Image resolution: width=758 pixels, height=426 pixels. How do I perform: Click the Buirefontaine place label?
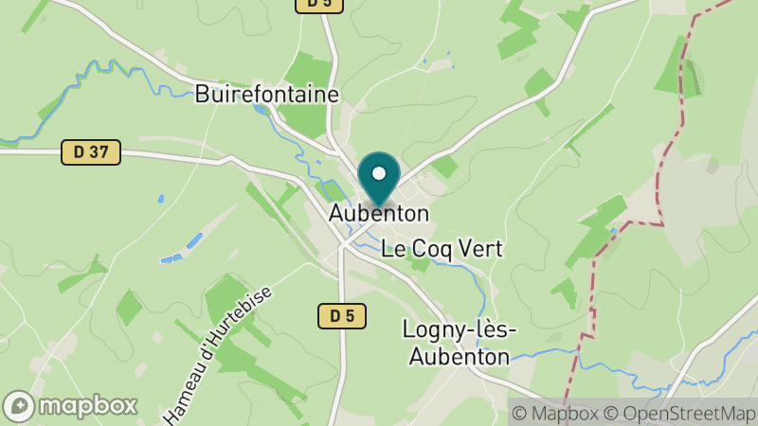click(x=266, y=94)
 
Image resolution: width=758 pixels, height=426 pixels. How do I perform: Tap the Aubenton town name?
click(x=379, y=214)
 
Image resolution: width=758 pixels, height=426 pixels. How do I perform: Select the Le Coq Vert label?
click(x=442, y=249)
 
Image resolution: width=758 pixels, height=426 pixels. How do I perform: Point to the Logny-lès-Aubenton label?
click(x=459, y=343)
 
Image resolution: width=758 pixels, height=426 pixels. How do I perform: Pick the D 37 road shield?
click(x=91, y=151)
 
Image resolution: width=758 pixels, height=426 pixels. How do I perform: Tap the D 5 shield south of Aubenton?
click(x=341, y=316)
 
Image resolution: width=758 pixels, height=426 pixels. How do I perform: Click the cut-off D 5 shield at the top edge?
click(x=318, y=5)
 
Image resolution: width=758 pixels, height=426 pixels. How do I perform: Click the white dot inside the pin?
click(x=379, y=174)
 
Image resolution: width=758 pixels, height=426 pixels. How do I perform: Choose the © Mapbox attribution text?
click(x=555, y=413)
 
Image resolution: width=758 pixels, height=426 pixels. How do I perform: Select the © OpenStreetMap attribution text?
click(x=678, y=413)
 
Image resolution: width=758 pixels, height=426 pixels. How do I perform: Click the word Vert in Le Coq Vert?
click(x=478, y=249)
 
